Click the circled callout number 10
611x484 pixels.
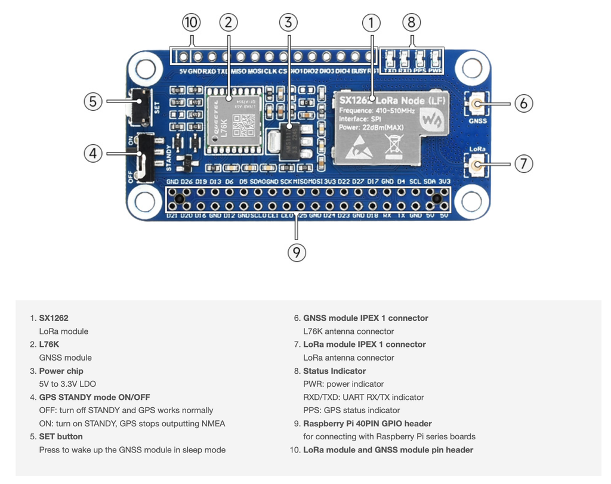pyautogui.click(x=191, y=23)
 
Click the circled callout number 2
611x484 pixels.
pyautogui.click(x=229, y=23)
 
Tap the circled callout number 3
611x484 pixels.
pyautogui.click(x=288, y=23)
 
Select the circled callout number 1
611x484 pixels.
pyautogui.click(x=371, y=23)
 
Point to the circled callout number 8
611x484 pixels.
pyautogui.click(x=411, y=23)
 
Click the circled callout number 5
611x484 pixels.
pyautogui.click(x=93, y=101)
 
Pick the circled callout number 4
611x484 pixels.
pyautogui.click(x=93, y=153)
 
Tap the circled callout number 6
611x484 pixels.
pyautogui.click(x=523, y=103)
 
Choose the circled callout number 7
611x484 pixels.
pyautogui.click(x=523, y=163)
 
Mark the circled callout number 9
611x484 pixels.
pyautogui.click(x=297, y=253)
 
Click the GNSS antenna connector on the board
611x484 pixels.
pyautogui.click(x=477, y=106)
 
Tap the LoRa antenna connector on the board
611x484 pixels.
pyautogui.click(x=477, y=164)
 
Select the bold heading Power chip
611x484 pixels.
pyautogui.click(x=61, y=371)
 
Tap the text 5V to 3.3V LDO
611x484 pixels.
pyautogui.click(x=67, y=384)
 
